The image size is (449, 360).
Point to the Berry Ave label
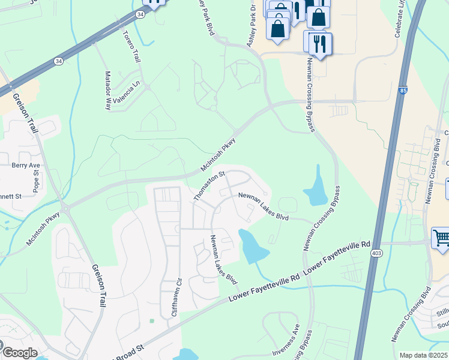pos(26,165)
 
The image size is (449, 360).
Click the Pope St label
pos(36,182)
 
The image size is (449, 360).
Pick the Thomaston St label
pos(208,185)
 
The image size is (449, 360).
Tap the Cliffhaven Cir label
pos(176,296)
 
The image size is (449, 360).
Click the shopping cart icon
pos(441,237)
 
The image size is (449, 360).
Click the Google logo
pos(19,353)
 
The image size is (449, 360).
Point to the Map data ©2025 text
pos(423,355)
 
